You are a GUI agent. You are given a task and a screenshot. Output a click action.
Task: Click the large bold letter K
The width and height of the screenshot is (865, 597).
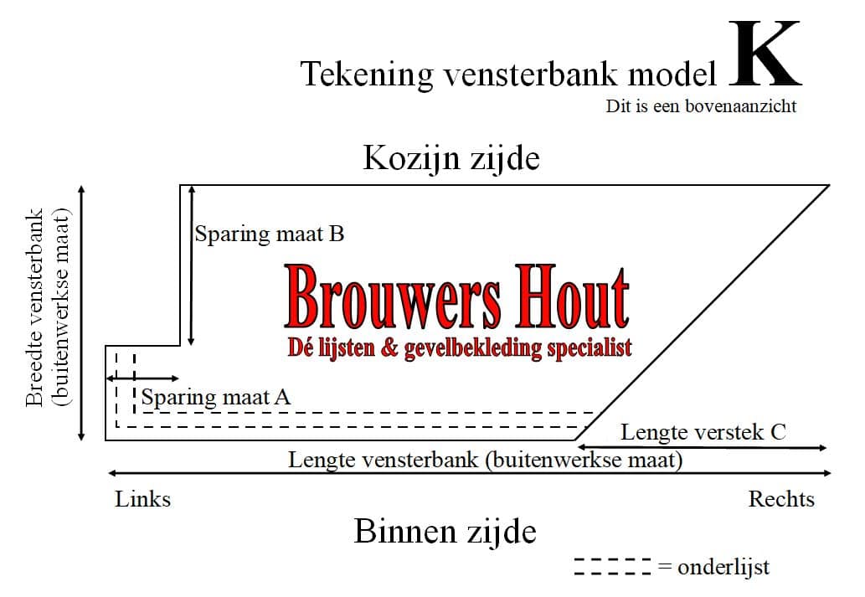765,54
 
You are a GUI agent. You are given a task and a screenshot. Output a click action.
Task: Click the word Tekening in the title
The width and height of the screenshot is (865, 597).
367,74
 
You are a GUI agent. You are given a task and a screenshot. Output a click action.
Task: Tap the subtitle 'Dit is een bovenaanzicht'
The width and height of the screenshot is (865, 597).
701,106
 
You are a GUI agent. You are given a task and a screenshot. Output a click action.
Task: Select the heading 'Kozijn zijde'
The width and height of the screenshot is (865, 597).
451,158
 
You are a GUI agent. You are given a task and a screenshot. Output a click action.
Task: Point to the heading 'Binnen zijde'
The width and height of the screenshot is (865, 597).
445,532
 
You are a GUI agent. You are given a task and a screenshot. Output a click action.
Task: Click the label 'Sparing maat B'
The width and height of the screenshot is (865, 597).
270,234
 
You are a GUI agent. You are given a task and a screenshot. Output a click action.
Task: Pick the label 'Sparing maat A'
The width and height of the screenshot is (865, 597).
216,397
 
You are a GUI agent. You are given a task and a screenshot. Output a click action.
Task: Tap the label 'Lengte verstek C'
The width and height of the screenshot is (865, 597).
703,432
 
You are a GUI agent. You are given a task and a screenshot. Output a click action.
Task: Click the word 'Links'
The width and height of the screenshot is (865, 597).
143,499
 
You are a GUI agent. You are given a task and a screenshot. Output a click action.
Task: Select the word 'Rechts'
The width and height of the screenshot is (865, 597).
781,499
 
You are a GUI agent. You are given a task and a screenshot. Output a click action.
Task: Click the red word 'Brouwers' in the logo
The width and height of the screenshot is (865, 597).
393,298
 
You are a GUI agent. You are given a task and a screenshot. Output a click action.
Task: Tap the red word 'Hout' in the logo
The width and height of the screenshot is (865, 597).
573,298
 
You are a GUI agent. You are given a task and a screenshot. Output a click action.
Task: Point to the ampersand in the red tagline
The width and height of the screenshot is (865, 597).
389,348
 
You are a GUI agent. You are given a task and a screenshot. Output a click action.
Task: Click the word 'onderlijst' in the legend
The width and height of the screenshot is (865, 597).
723,567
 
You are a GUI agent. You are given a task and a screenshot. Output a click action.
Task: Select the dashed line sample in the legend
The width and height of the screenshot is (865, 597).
612,567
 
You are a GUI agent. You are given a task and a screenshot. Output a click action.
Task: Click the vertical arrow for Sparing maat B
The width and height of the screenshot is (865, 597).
191,266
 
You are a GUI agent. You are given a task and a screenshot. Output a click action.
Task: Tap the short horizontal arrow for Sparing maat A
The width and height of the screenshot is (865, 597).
142,378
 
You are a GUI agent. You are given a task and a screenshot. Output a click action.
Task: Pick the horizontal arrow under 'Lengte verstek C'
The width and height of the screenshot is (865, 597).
702,447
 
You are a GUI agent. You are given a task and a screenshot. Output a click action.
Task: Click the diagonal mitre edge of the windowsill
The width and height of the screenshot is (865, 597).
703,313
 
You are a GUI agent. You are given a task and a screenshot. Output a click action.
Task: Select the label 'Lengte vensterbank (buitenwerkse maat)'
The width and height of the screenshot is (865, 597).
486,460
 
